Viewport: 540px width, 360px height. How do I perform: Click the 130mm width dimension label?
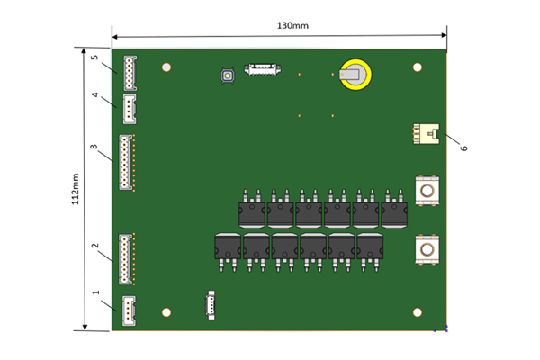click(x=292, y=26)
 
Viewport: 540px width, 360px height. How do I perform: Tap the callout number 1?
click(x=95, y=292)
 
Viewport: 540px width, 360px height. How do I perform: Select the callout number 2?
click(x=95, y=245)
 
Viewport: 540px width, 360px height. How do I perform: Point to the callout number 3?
click(x=94, y=147)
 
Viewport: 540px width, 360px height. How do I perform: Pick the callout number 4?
click(x=94, y=94)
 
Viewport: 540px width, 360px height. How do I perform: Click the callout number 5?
click(x=94, y=59)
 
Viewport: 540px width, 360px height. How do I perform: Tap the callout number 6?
click(x=463, y=145)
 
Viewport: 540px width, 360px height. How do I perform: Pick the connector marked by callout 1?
click(x=130, y=310)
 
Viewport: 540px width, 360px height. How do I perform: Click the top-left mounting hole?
click(x=166, y=67)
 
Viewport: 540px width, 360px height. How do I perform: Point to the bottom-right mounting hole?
click(x=417, y=312)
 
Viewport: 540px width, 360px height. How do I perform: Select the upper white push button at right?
click(x=426, y=191)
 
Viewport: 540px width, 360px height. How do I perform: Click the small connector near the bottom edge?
click(x=211, y=304)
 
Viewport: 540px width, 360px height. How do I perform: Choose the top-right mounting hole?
click(x=417, y=67)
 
